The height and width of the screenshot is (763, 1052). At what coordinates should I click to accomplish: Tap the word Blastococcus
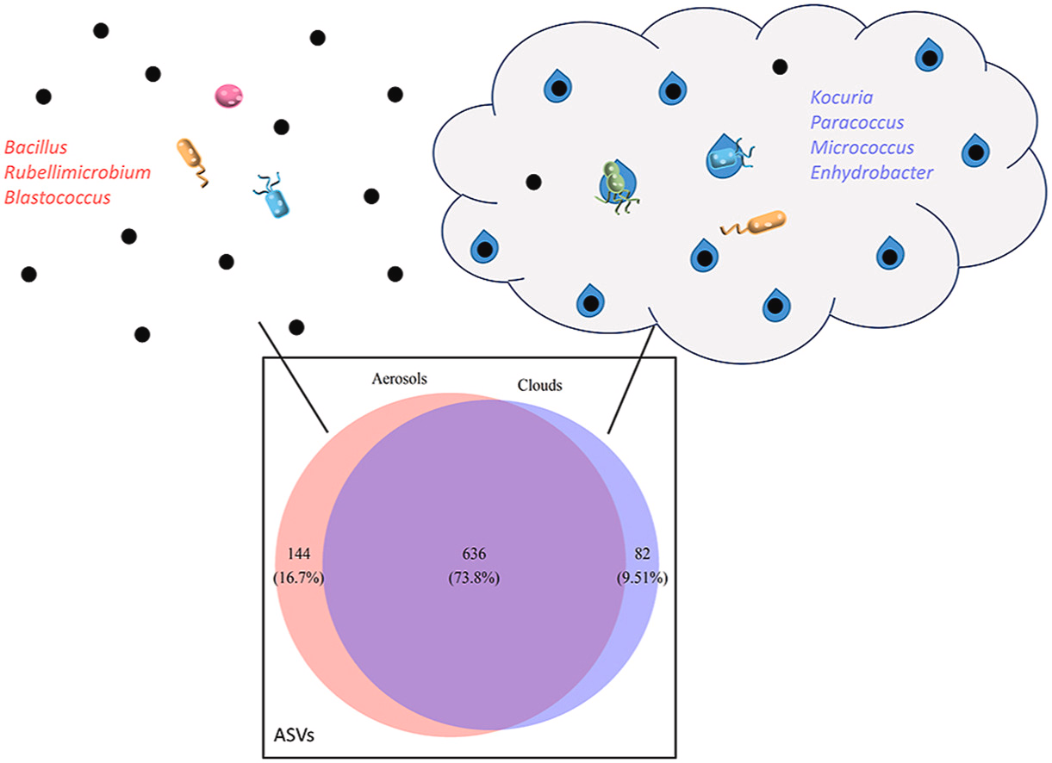coord(57,198)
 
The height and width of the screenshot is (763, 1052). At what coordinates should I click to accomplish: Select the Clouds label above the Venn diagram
coord(539,386)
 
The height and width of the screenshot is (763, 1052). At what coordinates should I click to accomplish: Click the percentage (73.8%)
coord(473,579)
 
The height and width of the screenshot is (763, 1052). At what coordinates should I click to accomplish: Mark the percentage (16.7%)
coord(297,579)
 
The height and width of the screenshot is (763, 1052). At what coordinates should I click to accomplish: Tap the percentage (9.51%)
coord(641,579)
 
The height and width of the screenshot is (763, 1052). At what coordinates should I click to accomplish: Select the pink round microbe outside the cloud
coord(228,96)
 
